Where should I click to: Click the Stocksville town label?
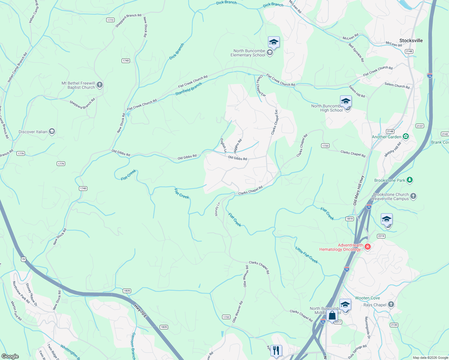coord(411,40)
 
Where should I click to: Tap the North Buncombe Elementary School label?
coord(248,53)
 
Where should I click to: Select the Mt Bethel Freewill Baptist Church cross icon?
coord(100,85)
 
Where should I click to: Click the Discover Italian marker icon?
coord(52,132)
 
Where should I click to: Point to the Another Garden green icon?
coord(406,137)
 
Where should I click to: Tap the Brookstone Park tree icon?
coord(410,180)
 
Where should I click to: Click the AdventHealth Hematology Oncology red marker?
coord(368,247)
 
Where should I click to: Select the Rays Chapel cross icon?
coord(391,305)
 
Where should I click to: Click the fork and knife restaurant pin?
coord(276,350)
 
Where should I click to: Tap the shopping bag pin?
coord(332,316)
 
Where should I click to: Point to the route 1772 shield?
coord(110,20)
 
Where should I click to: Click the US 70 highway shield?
coord(23,259)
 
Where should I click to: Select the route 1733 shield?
coord(325,146)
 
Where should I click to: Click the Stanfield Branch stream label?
coord(188,89)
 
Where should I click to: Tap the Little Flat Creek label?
coord(306,255)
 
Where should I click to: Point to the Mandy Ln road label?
coord(217,209)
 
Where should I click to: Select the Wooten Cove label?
coord(367,298)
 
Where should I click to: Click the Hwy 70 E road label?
coord(140,311)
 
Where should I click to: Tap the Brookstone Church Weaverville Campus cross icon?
coord(413,196)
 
